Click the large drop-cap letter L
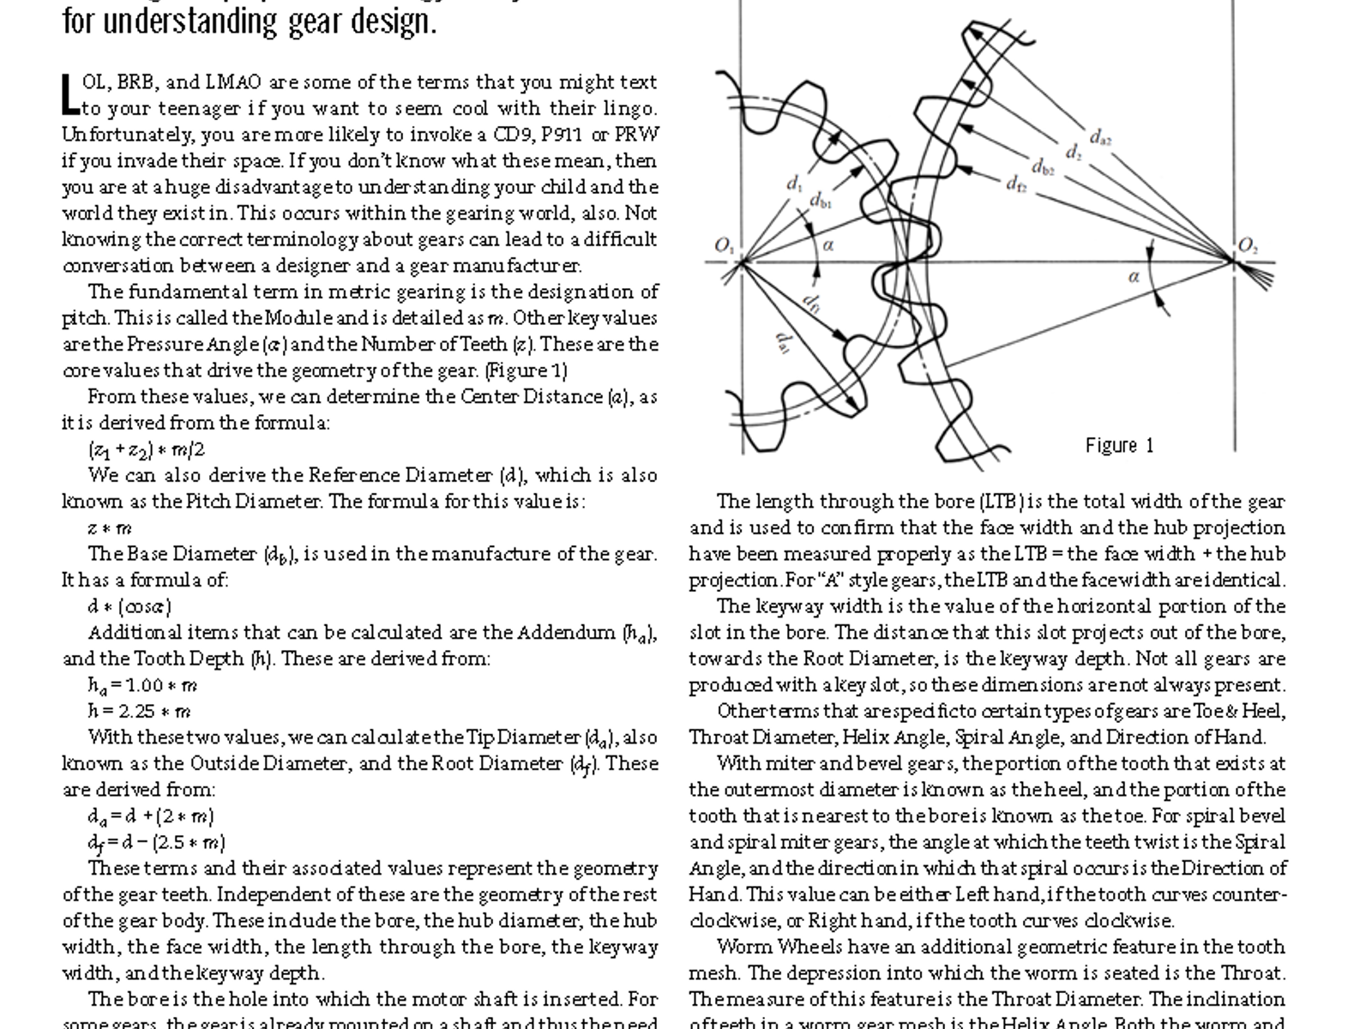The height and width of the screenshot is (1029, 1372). [x=70, y=95]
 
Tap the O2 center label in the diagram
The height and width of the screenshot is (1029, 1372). [x=1248, y=246]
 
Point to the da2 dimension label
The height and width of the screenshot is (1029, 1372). [x=1100, y=137]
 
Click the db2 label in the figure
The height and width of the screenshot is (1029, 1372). [x=1042, y=167]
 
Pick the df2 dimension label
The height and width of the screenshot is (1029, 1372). [x=1016, y=183]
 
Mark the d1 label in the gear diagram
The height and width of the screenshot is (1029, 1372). [x=794, y=184]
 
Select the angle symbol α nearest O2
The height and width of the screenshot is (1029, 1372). [x=1134, y=276]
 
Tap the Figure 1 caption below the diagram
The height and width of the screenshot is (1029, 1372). [x=1119, y=445]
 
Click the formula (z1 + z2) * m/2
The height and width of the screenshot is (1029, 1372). [x=146, y=449]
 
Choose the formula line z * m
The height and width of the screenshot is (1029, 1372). [x=110, y=528]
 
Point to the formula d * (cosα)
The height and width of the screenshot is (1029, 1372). [x=129, y=606]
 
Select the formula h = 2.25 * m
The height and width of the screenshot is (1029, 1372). [x=139, y=711]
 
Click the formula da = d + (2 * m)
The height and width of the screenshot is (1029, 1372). [x=151, y=815]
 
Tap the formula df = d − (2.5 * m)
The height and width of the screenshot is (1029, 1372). [x=156, y=842]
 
